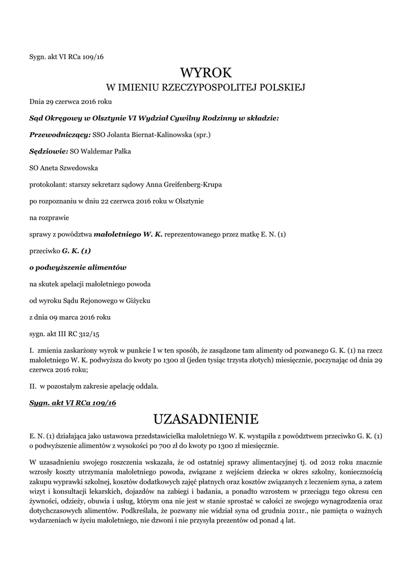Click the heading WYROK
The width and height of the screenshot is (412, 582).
[x=206, y=73]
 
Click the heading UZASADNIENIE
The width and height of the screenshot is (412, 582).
[x=206, y=419]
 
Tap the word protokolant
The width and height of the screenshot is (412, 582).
[x=48, y=185]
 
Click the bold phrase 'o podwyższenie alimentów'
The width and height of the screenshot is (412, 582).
[x=78, y=267]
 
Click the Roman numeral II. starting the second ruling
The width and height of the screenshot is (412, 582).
[x=32, y=386]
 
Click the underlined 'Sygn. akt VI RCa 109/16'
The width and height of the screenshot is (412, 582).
[x=72, y=402]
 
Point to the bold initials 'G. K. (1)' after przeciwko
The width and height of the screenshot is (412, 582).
[x=76, y=250]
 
